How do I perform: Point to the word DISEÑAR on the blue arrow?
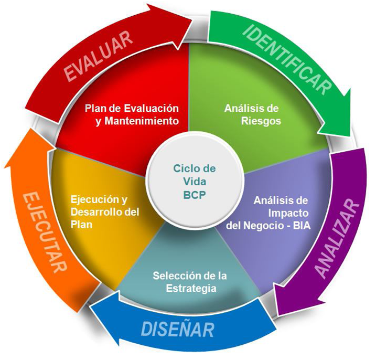(x=178, y=330)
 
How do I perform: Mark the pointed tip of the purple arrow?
(x=275, y=314)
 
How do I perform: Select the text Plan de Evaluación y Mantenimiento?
(x=132, y=114)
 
